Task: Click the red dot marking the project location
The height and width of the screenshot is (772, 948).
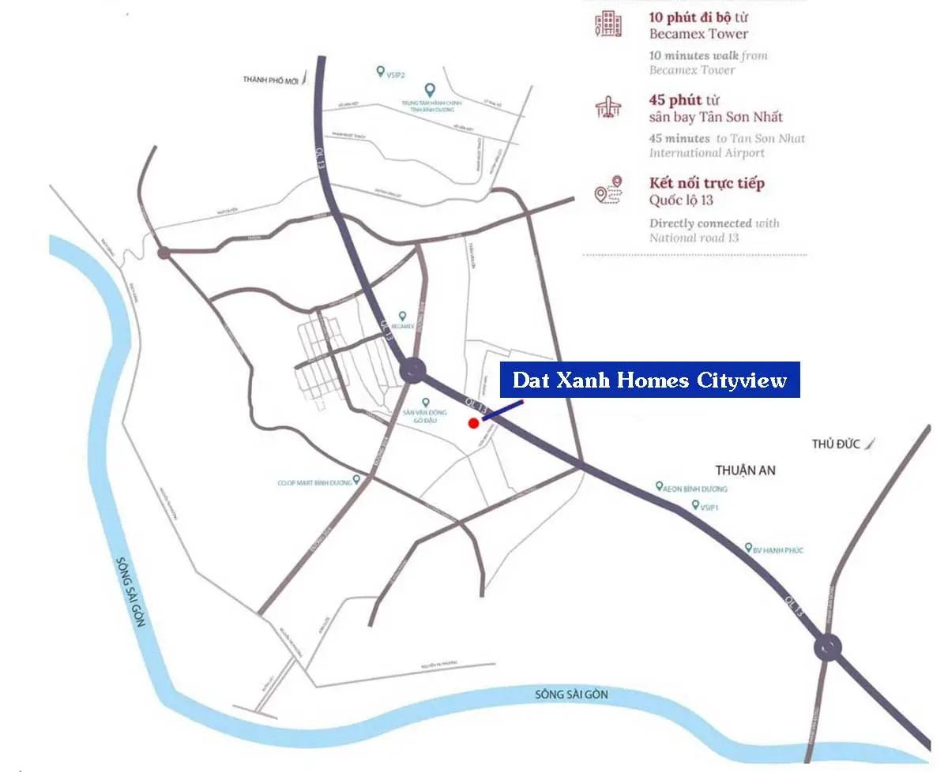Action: point(473,423)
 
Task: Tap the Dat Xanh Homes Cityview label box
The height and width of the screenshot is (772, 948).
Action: point(649,380)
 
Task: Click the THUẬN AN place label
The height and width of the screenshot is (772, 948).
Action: point(745,470)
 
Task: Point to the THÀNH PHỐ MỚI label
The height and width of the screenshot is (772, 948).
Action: point(272,80)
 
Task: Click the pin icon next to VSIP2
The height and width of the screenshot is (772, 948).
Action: point(380,72)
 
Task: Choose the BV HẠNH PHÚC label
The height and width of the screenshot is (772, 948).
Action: point(777,549)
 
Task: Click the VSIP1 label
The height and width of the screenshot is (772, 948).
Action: point(709,507)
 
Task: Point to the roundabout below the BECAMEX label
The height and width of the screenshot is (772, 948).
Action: point(412,369)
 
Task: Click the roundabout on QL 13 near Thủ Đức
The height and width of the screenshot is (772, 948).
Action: point(827,648)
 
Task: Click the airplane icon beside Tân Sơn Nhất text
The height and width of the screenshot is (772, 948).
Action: point(608,108)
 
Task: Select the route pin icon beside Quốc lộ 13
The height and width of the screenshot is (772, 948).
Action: point(608,190)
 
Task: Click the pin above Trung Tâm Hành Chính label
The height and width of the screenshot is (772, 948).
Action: point(430,90)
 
